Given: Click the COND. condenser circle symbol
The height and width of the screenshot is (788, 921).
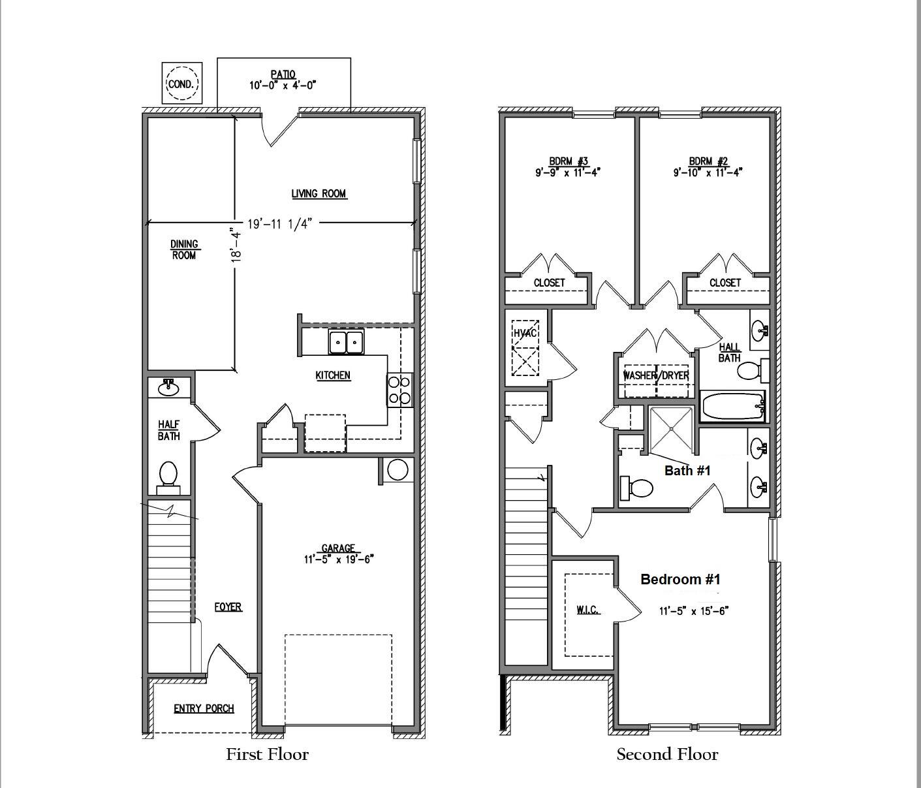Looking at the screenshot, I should (x=182, y=84).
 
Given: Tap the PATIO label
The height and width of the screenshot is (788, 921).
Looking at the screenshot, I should (x=283, y=75).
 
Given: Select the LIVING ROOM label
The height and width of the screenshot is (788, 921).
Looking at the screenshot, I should (x=319, y=193).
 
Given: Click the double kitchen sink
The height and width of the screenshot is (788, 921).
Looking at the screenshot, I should (x=346, y=342).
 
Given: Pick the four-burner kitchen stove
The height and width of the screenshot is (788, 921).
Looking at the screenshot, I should (x=399, y=389).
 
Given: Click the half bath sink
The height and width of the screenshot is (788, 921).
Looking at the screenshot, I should (x=169, y=386).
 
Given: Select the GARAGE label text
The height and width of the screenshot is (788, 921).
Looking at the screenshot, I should (x=338, y=548).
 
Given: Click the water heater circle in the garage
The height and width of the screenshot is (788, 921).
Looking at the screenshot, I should (x=398, y=470).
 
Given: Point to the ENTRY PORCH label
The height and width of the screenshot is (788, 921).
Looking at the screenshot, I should (x=204, y=708).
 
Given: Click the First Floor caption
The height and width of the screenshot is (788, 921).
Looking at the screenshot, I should (x=267, y=755).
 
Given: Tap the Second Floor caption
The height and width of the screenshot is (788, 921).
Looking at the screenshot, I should (x=667, y=755).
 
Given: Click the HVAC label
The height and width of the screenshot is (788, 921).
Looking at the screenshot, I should (x=524, y=333).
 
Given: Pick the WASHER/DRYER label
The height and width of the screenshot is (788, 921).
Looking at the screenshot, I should (x=656, y=375).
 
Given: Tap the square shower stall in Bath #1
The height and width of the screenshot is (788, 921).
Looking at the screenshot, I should (x=672, y=430).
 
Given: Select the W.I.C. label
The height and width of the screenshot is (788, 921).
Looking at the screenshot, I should (x=587, y=610).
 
